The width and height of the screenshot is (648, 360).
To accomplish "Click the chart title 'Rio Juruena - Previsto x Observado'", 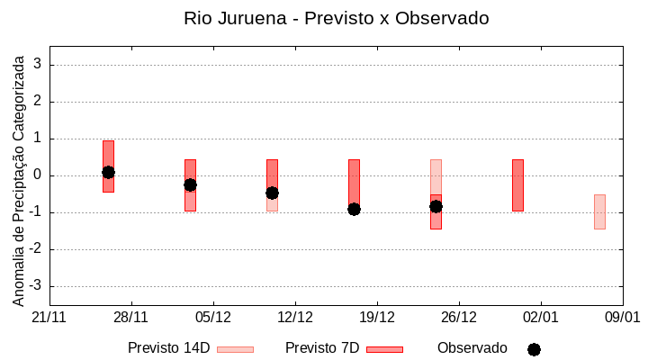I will (336, 18).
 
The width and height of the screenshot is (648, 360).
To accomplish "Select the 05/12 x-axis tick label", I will (213, 317).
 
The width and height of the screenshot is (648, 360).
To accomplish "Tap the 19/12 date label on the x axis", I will (377, 317).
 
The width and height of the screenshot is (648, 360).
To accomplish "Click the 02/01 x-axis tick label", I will (540, 317).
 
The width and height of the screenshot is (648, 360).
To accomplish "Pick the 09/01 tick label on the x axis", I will (621, 317).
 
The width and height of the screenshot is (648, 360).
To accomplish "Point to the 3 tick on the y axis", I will (39, 65).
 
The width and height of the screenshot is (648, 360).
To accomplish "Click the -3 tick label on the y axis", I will (36, 286).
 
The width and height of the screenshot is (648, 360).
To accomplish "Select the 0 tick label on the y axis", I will (39, 175).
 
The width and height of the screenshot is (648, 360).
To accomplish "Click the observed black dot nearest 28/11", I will (108, 172).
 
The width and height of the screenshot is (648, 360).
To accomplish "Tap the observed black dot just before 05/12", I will (190, 184).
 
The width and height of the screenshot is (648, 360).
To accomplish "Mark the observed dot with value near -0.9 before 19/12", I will (354, 209).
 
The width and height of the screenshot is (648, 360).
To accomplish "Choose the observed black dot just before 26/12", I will (436, 206).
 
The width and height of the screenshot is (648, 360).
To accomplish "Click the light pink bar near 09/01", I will (599, 211).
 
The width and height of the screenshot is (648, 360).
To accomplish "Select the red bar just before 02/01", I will (517, 184).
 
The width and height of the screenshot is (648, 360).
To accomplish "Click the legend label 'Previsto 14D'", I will (168, 348).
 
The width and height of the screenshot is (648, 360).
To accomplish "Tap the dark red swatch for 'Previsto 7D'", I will (384, 349).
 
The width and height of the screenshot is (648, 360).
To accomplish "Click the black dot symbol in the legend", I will (534, 349).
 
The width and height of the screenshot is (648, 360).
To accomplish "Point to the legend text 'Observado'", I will (472, 348).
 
